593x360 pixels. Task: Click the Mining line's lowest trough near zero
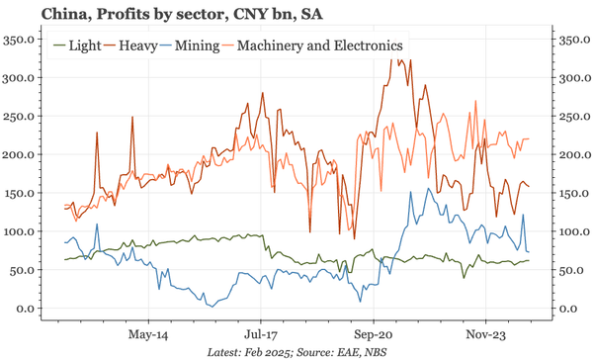(210, 306)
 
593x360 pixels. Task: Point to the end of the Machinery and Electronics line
(529, 138)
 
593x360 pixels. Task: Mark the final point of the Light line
(529, 260)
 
